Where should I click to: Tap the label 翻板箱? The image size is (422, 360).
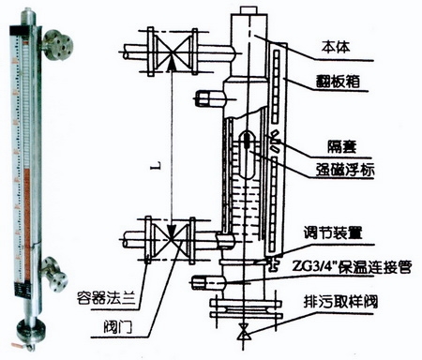(x=338, y=82)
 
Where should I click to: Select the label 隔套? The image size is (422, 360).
(x=342, y=146)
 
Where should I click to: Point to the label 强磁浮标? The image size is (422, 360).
(x=345, y=170)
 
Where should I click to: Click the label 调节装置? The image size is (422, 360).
(x=333, y=232)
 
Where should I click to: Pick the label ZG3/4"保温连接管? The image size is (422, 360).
(x=352, y=266)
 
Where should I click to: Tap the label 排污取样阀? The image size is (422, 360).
(x=340, y=302)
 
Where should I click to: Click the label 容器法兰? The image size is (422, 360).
(x=106, y=298)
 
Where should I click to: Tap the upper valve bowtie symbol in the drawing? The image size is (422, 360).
(x=172, y=52)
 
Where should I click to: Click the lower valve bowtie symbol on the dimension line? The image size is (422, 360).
(x=171, y=240)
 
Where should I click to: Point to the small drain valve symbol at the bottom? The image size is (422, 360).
(x=244, y=332)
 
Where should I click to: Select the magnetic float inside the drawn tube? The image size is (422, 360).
(x=249, y=154)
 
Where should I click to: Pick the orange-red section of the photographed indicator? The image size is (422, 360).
(x=27, y=223)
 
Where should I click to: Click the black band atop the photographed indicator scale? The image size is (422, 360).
(x=20, y=30)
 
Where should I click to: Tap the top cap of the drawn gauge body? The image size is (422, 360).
(x=249, y=9)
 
